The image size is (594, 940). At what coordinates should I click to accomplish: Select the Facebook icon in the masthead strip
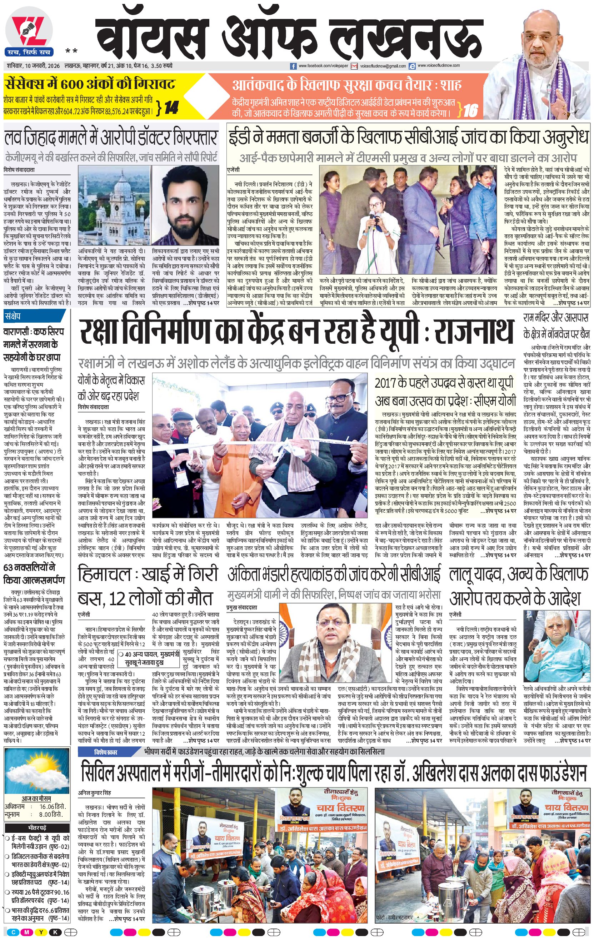(x=294, y=66)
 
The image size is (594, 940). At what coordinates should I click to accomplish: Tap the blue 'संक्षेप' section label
(x=13, y=316)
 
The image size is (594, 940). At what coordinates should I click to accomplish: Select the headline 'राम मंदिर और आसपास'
(x=555, y=317)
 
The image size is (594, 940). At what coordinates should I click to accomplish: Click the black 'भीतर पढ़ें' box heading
(x=37, y=827)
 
